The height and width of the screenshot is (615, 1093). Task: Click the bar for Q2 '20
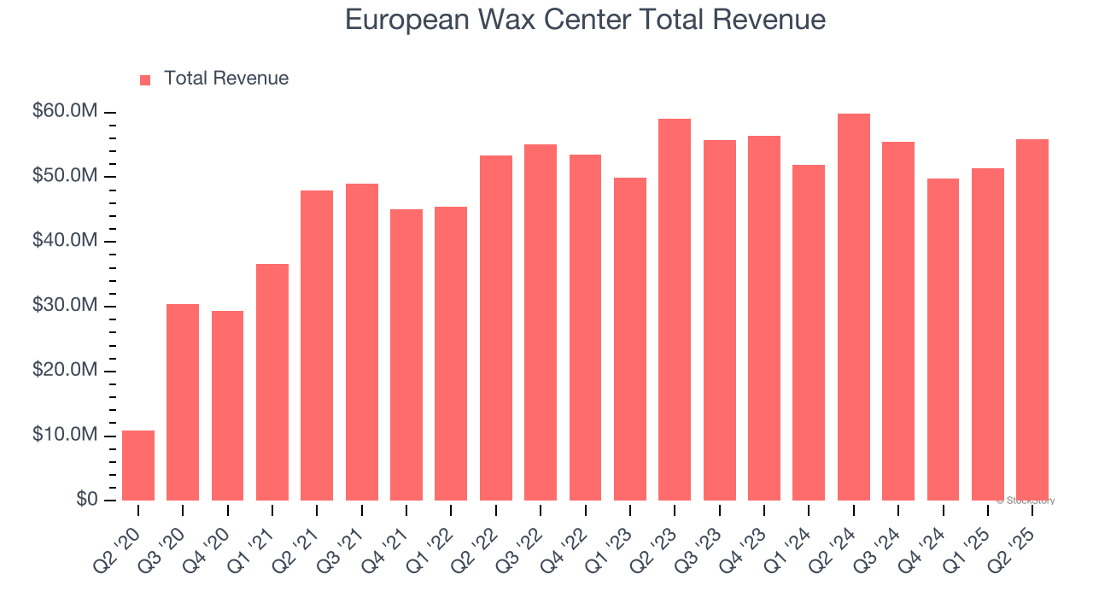tap(138, 466)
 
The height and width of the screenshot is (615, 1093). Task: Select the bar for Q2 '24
tap(853, 307)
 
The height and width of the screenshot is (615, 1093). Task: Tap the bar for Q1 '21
tap(272, 382)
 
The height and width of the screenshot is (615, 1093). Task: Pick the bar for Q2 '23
tap(675, 309)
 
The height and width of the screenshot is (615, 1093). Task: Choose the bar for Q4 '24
tap(943, 339)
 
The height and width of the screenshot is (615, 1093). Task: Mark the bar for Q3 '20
tap(183, 402)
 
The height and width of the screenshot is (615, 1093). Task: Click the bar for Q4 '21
tap(406, 354)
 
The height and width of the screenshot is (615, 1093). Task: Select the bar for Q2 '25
tap(1032, 319)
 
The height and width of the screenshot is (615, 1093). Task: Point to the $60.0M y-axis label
tap(64, 112)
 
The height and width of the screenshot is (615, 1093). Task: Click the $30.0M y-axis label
tap(64, 306)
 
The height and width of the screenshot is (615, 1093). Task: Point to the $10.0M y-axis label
tap(64, 436)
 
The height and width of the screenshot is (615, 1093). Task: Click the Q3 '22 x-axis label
tap(529, 537)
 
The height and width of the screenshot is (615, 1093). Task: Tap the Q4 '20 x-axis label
tap(216, 537)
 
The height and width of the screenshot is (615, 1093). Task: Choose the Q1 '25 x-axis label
tap(975, 537)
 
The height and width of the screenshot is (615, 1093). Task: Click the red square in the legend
tap(145, 79)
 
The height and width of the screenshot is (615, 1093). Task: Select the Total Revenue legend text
tap(226, 79)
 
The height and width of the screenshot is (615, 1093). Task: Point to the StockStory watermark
tap(1026, 501)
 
